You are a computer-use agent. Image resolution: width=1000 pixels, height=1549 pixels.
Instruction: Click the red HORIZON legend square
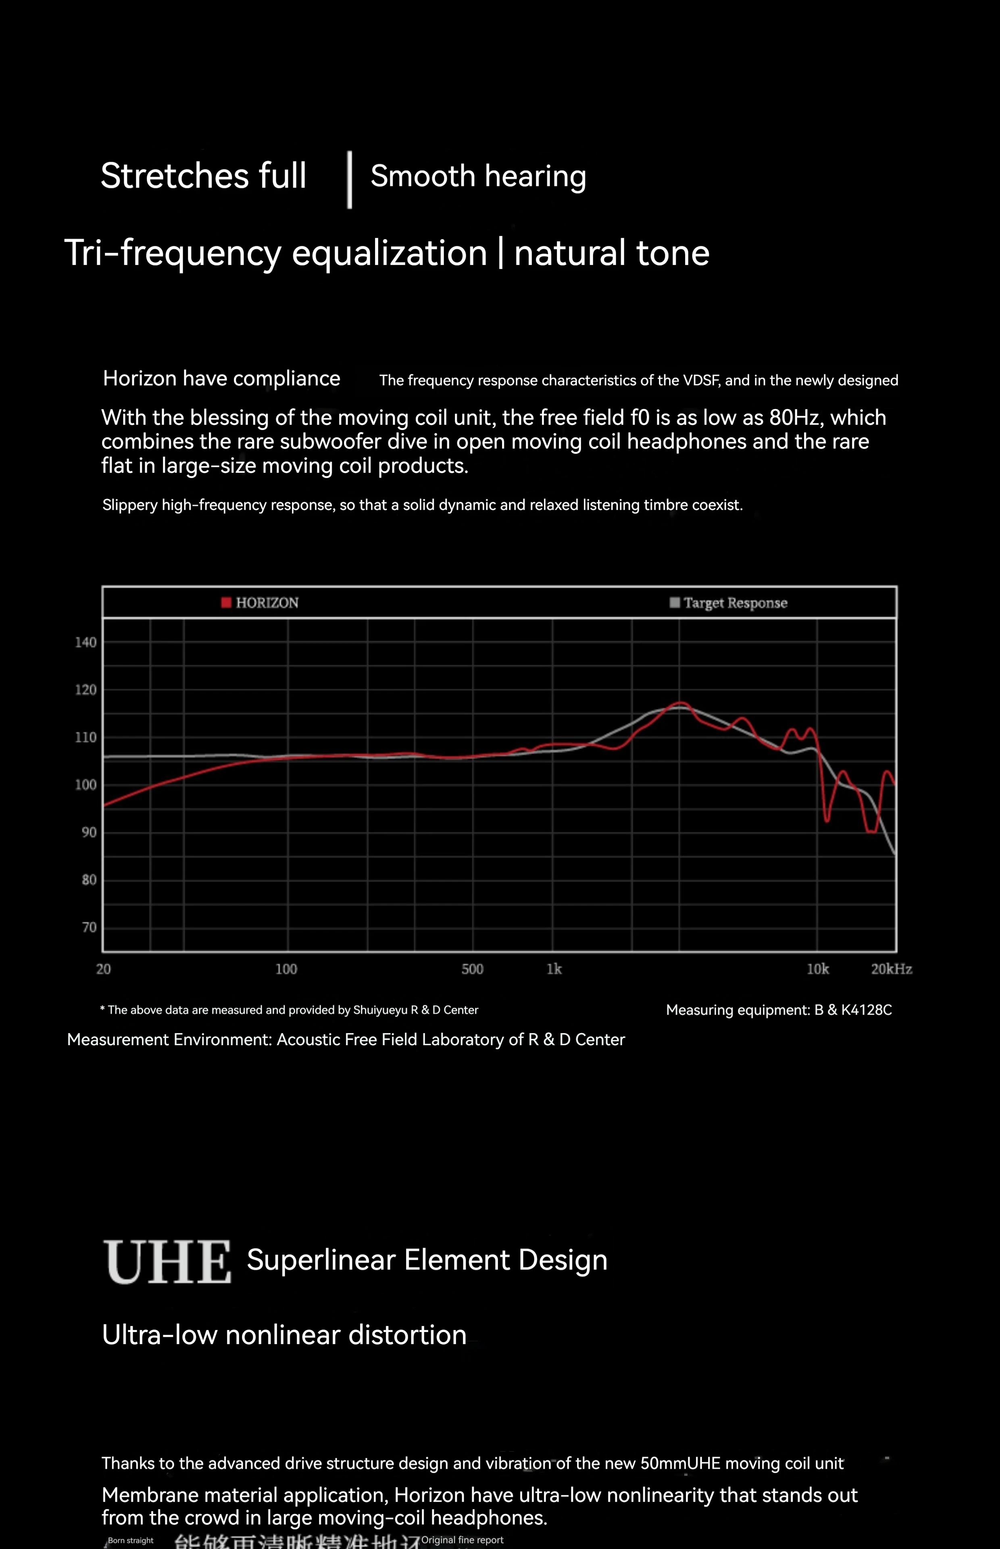coord(226,603)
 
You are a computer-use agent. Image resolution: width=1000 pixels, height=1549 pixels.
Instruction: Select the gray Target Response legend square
coord(675,603)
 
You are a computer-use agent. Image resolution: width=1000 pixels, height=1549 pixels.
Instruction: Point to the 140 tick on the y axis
coord(86,642)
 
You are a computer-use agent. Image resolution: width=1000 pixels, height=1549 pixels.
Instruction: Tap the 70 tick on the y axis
coord(89,927)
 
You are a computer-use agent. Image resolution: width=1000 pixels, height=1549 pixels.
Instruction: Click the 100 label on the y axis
coord(86,785)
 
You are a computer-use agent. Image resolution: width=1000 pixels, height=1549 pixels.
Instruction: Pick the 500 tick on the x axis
coord(472,969)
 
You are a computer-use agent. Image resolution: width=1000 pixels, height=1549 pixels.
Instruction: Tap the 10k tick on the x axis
coord(817,969)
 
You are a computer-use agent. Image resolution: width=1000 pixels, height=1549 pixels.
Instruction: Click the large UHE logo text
coord(167,1262)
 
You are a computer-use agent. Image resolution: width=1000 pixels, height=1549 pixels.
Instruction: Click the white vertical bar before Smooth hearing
coord(349,180)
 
